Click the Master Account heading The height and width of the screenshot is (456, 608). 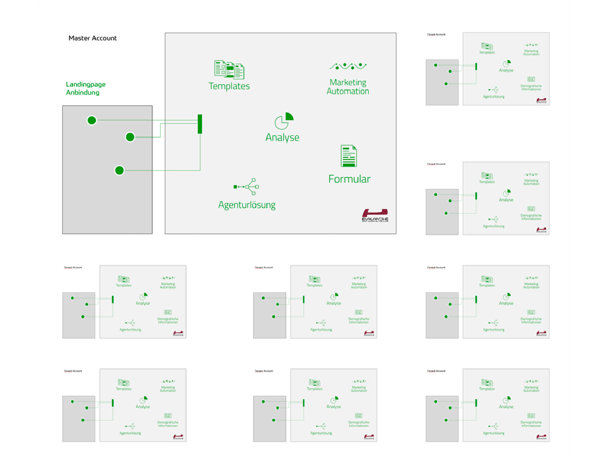point(93,38)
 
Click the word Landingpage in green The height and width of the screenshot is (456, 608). point(86,84)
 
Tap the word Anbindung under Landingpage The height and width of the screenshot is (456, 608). point(83,93)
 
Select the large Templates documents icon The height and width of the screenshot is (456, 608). point(229,70)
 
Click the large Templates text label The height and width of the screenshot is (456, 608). point(229,86)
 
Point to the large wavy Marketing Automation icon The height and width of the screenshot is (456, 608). point(348,66)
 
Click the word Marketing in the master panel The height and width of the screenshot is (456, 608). point(348,82)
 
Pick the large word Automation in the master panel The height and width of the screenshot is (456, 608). point(348,91)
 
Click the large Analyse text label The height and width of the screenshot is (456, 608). point(282,137)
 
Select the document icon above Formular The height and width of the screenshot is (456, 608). point(349,156)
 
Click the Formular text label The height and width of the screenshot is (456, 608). point(349,179)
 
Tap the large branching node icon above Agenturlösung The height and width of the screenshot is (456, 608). point(246,187)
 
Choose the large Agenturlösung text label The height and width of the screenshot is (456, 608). point(247,205)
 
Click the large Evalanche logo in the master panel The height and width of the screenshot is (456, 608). point(375,215)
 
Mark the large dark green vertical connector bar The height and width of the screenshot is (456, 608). point(200,124)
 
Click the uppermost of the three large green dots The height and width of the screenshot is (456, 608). point(92,120)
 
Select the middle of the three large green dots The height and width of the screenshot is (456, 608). point(130,137)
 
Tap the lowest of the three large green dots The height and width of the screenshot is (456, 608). point(119,170)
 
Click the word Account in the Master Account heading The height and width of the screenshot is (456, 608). point(105,38)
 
